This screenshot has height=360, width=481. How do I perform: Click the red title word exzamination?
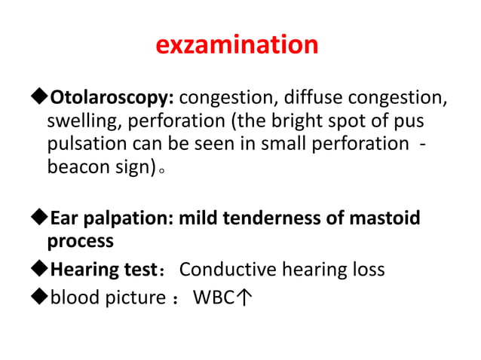coord(237,45)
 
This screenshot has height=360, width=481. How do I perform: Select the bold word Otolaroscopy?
coord(112,98)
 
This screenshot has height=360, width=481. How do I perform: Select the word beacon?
coord(76,168)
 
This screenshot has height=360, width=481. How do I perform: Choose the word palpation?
coord(124,218)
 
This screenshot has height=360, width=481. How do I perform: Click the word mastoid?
coord(383,218)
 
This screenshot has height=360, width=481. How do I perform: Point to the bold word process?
coord(80,242)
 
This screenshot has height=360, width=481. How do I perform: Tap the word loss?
coord(368,269)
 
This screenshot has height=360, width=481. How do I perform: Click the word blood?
coord(73,297)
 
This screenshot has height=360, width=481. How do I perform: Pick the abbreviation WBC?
coord(213,297)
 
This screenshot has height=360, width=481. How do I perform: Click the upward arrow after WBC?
coord(244,298)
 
